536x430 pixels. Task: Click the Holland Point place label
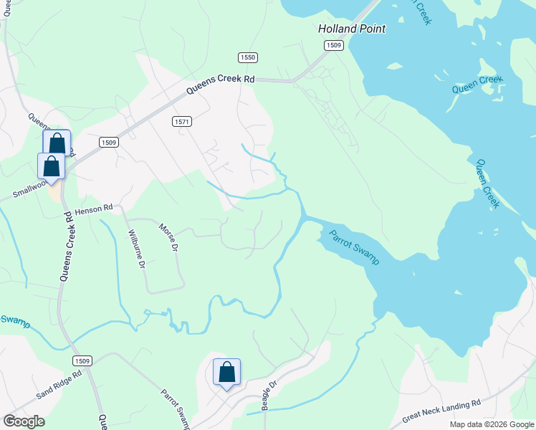(x=352, y=29)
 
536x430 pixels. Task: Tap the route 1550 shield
(x=248, y=57)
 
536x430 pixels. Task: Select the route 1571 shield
(x=182, y=122)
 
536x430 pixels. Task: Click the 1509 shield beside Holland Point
(x=333, y=45)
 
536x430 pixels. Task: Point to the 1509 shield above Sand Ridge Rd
(x=82, y=360)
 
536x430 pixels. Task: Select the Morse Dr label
(x=168, y=236)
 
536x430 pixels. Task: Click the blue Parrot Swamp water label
(x=354, y=247)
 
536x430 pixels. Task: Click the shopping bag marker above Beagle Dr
(x=226, y=373)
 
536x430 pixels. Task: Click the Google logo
(x=24, y=421)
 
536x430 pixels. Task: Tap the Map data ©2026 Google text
(x=492, y=424)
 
